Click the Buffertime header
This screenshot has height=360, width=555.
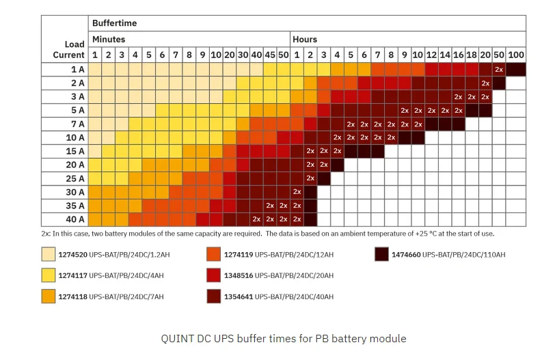click(115, 23)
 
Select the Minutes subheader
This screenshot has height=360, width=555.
click(109, 39)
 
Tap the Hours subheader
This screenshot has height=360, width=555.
click(305, 39)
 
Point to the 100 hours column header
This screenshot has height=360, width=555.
click(516, 55)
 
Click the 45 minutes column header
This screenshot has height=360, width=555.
click(270, 55)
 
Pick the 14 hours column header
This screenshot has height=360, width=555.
click(445, 55)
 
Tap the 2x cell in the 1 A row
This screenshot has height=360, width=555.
click(499, 69)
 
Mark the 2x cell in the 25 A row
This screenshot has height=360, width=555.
click(310, 178)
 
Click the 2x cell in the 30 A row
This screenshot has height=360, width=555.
click(297, 192)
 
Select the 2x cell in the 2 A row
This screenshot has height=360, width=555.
click(485, 83)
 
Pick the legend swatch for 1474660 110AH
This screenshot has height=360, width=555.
click(381, 255)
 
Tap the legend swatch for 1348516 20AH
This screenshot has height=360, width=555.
click(213, 276)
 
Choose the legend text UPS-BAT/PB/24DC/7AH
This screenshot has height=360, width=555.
click(126, 297)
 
